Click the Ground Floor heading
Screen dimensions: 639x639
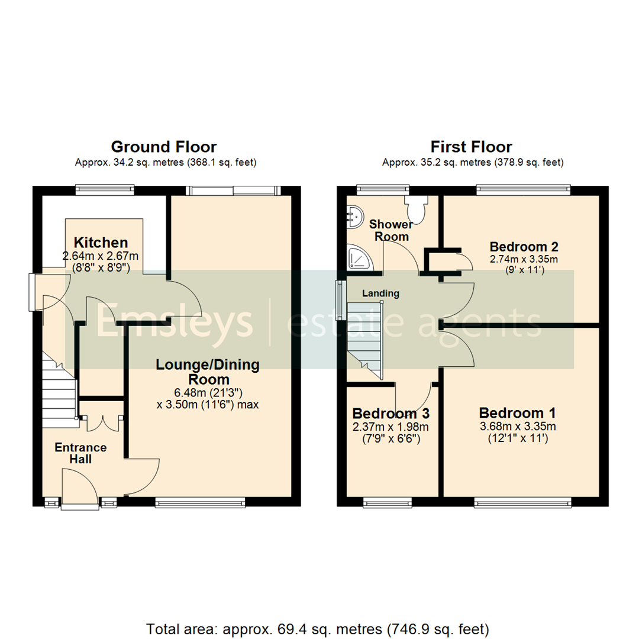coord(164,146)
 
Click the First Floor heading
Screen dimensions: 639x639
coord(471,146)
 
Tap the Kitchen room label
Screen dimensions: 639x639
coord(101,243)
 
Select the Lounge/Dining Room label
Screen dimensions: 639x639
coord(207,372)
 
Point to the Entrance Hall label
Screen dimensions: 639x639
coord(80,453)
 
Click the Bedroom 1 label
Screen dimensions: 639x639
coord(517,412)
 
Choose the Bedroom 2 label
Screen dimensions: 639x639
coord(525,246)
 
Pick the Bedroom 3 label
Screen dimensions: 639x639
coord(390,413)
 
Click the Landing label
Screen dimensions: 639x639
coord(380,293)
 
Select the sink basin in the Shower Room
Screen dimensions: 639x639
coord(356,217)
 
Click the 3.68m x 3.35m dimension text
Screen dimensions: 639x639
coord(517,426)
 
